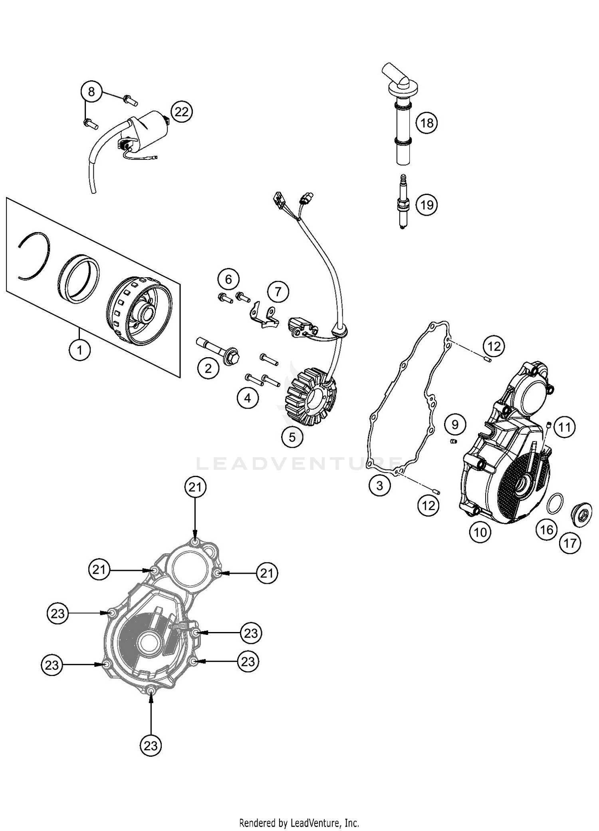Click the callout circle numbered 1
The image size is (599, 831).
tap(79, 350)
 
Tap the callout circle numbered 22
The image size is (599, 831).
tap(181, 112)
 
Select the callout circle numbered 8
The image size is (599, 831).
tap(91, 92)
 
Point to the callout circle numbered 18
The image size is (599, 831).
tap(426, 123)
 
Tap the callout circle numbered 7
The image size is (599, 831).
tap(278, 291)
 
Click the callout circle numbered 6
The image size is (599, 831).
tap(228, 279)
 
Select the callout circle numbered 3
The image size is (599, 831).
tap(379, 485)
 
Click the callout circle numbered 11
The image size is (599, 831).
tap(564, 427)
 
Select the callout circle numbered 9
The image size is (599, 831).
tap(455, 424)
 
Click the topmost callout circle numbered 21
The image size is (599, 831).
tap(195, 487)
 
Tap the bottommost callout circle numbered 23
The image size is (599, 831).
tap(151, 746)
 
